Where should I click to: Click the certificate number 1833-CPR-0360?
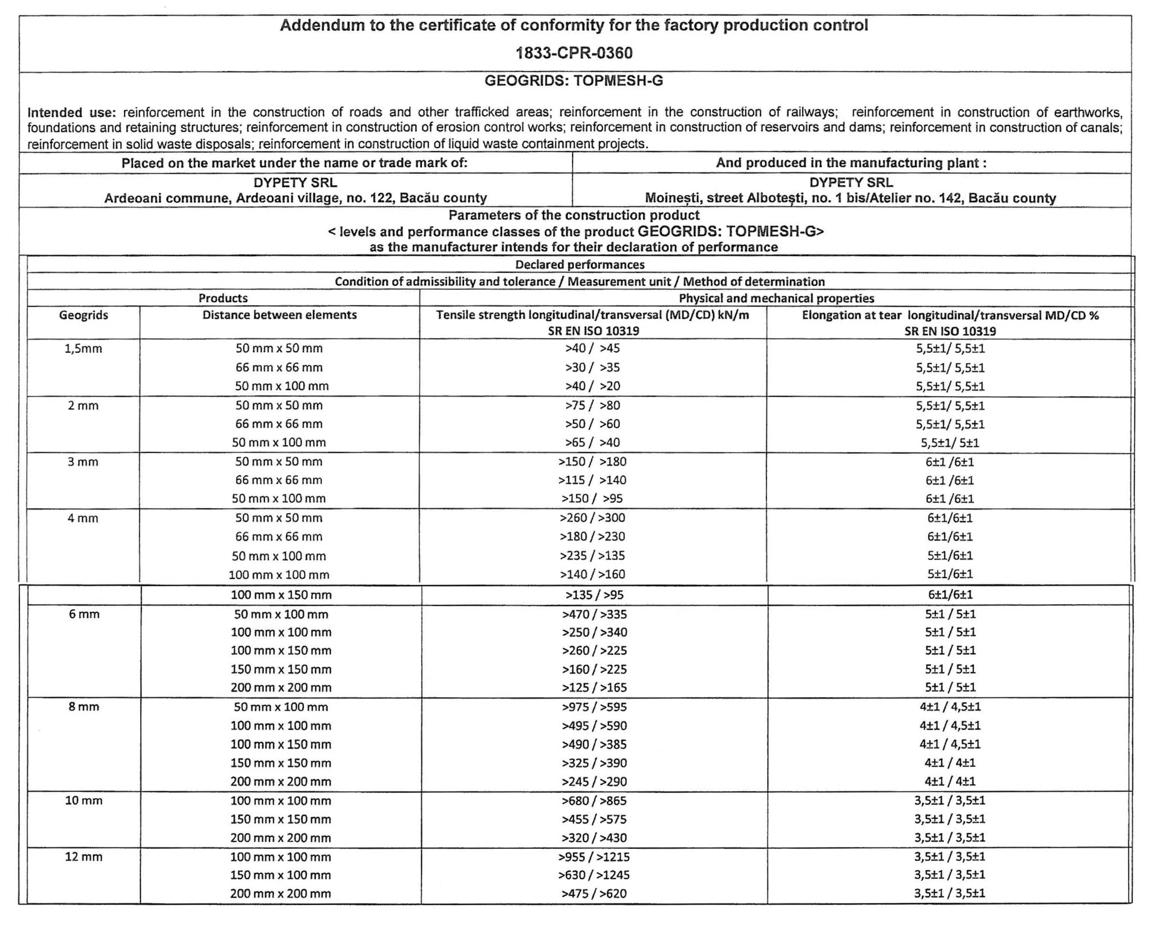[x=574, y=53]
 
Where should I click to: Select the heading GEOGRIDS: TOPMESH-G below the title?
[x=574, y=81]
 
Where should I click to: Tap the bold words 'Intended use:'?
[x=72, y=112]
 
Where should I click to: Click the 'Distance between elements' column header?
[x=279, y=315]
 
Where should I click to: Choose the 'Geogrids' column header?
[x=83, y=315]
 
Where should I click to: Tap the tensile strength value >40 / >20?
[x=592, y=386]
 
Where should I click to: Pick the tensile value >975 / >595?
[x=594, y=707]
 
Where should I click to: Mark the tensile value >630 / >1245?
[x=594, y=875]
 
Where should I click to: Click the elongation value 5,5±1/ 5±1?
[x=950, y=443]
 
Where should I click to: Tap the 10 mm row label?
[x=83, y=801]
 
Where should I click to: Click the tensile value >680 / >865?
[x=594, y=801]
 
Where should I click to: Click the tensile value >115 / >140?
[x=592, y=480]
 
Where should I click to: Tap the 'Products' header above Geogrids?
[x=223, y=298]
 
